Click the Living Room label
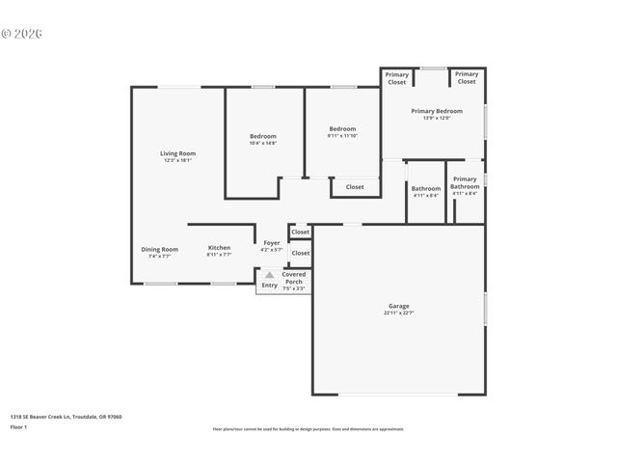click(177, 153)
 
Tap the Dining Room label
click(160, 249)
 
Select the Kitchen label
click(219, 248)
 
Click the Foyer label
click(271, 243)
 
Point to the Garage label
click(398, 306)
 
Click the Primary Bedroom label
click(436, 111)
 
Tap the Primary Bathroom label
click(465, 182)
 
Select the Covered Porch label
click(293, 278)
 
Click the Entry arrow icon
click(270, 274)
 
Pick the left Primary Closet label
click(397, 78)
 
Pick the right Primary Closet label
click(467, 78)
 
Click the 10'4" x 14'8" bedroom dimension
click(263, 144)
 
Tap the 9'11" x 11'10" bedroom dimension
click(342, 136)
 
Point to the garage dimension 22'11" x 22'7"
click(398, 313)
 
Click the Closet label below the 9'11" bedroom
click(355, 187)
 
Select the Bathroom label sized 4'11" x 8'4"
click(426, 188)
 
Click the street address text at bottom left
click(66, 417)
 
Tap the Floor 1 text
click(19, 426)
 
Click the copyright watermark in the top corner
click(22, 33)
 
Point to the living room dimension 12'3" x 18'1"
click(177, 160)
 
